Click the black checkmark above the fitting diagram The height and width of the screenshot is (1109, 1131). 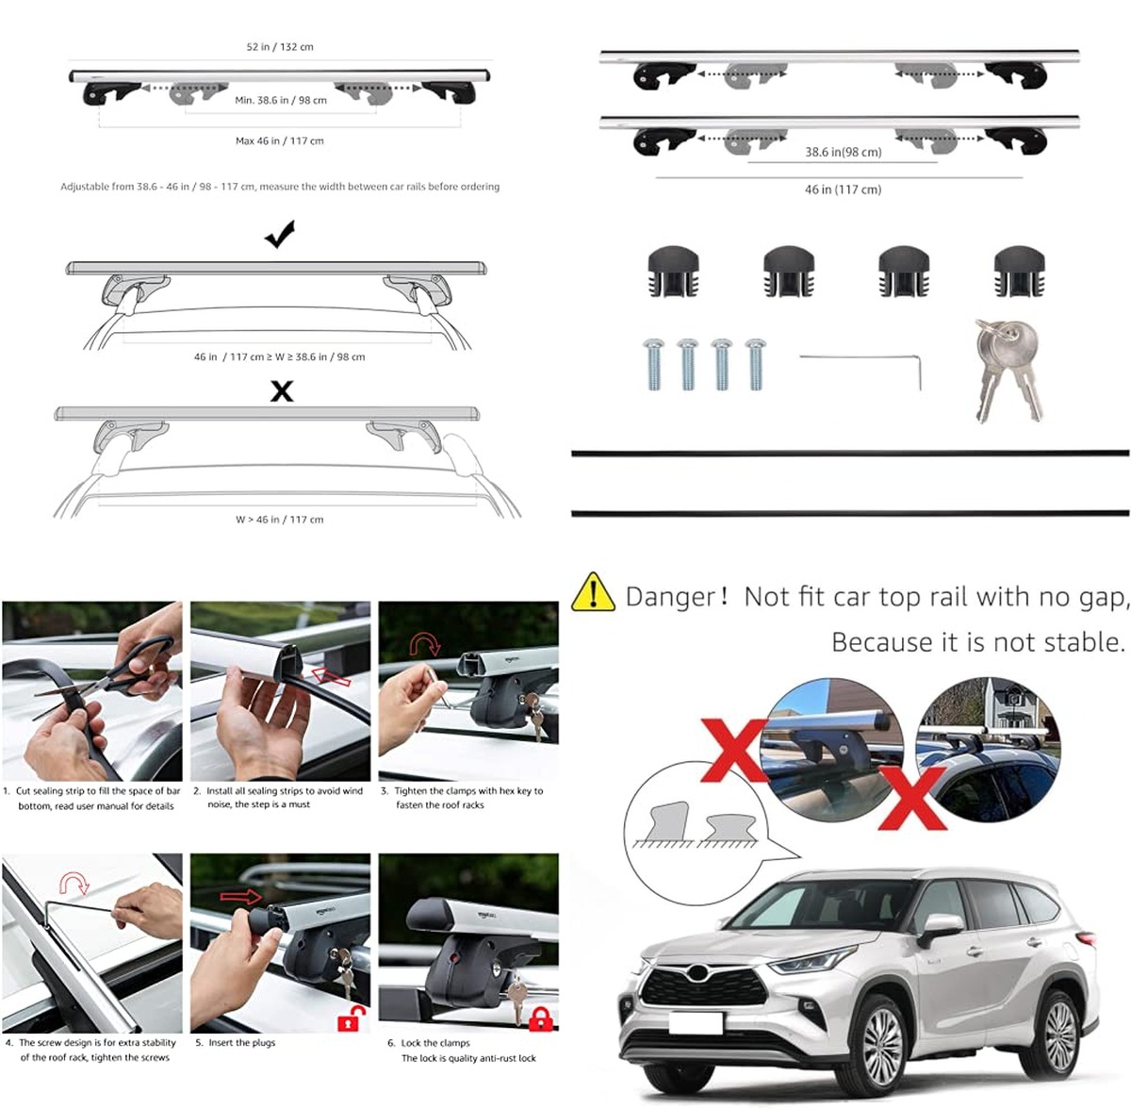[280, 234]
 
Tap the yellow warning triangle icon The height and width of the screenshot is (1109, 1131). [593, 593]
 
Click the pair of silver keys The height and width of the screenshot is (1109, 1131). [1008, 370]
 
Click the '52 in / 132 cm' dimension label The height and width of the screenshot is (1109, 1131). [280, 47]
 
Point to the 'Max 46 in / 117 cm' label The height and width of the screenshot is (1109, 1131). [279, 141]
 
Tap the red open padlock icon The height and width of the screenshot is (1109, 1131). [351, 1018]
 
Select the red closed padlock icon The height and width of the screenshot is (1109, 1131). [540, 1019]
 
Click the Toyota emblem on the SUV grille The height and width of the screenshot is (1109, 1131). [697, 971]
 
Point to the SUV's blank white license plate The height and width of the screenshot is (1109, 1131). [696, 1023]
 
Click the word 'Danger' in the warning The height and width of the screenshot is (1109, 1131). [670, 597]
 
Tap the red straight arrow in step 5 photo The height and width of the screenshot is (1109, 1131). [241, 897]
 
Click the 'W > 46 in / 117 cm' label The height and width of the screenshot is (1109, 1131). [279, 520]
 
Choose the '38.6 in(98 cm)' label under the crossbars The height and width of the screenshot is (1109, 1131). [843, 152]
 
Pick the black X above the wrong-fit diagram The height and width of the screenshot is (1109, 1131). [282, 391]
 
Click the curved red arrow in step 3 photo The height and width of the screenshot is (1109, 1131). [425, 644]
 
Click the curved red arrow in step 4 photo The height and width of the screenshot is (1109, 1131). [74, 883]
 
